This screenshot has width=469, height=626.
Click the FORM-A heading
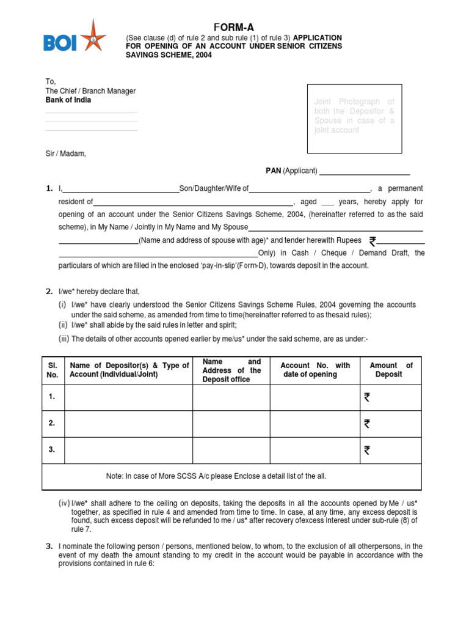point(234,27)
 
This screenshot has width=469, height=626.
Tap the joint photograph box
point(354,119)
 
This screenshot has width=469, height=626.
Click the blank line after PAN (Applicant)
point(364,172)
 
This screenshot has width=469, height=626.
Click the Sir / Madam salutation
point(66,154)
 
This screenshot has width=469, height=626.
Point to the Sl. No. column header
point(53,370)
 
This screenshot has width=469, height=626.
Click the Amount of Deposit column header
point(391,370)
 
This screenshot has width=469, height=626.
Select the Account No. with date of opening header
point(315,370)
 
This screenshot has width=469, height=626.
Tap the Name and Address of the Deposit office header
point(231,370)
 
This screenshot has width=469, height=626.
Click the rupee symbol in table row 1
point(366,397)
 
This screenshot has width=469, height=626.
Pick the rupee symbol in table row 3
point(366,451)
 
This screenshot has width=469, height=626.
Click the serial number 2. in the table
point(53,423)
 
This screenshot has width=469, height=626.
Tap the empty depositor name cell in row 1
point(128,397)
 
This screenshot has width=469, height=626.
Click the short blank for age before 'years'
point(328,202)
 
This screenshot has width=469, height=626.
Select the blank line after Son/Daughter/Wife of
point(309,189)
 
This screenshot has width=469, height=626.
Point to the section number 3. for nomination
point(49,546)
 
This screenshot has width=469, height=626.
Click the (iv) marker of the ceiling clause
point(64,503)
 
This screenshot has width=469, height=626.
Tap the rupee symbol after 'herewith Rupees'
point(373,241)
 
